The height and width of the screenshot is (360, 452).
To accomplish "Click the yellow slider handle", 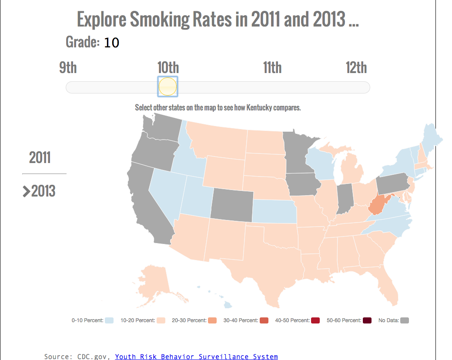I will pyautogui.click(x=167, y=86).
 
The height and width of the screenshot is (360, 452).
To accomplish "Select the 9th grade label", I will pyautogui.click(x=68, y=68).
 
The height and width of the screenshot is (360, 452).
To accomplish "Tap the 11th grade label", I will pyautogui.click(x=272, y=68).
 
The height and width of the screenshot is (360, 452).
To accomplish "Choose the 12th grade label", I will pyautogui.click(x=356, y=68).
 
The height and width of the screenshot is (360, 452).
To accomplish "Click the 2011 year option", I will pyautogui.click(x=40, y=157).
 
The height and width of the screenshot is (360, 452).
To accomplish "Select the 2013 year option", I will pyautogui.click(x=44, y=191).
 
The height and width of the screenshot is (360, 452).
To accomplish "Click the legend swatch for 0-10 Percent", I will pyautogui.click(x=109, y=320).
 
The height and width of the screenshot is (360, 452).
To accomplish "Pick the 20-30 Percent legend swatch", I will pyautogui.click(x=212, y=320).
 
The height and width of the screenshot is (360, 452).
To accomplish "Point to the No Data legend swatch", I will pyautogui.click(x=405, y=320).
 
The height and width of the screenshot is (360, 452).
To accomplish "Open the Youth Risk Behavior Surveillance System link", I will pyautogui.click(x=196, y=357).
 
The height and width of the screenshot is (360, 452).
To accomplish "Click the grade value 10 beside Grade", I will pyautogui.click(x=111, y=43).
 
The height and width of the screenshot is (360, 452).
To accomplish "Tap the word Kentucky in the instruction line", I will pyautogui.click(x=259, y=107).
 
